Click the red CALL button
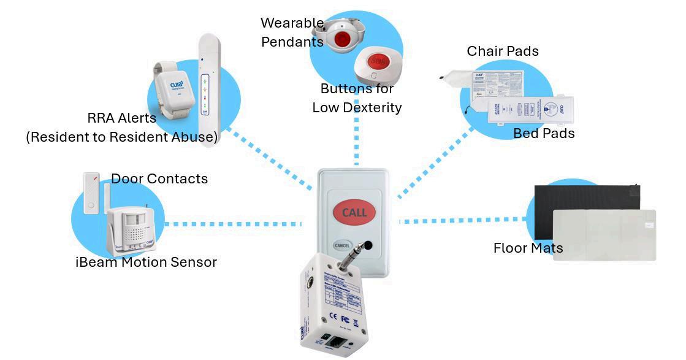click(x=354, y=213)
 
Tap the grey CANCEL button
click(x=341, y=245)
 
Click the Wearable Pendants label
click(x=292, y=33)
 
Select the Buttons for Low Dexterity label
click(x=357, y=98)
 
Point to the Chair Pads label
click(x=503, y=52)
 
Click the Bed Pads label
click(x=544, y=133)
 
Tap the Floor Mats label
click(x=528, y=248)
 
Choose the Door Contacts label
click(x=159, y=179)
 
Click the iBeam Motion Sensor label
click(x=146, y=262)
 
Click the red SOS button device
click(x=378, y=63)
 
